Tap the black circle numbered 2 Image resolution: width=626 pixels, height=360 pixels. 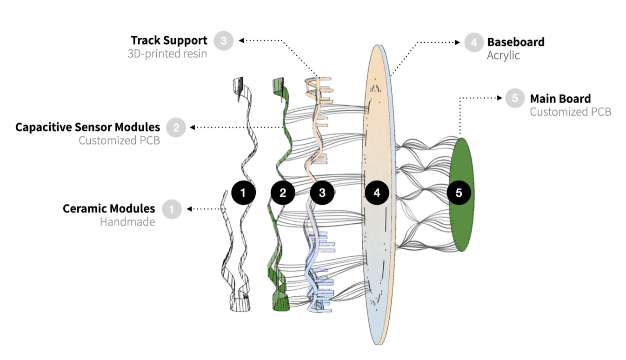[x=283, y=192]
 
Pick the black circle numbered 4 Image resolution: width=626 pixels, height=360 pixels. [x=377, y=192]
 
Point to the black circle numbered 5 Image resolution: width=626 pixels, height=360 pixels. [x=459, y=192]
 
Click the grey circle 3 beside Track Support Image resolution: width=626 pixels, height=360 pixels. [x=224, y=41]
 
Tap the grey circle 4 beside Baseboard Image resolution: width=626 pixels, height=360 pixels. [x=474, y=42]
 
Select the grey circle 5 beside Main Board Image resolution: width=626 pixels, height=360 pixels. [x=515, y=99]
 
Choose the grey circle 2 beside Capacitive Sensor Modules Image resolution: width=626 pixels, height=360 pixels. [x=176, y=127]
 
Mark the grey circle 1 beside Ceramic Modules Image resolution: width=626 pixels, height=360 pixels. [x=172, y=209]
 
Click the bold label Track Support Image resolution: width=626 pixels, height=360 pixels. [x=169, y=40]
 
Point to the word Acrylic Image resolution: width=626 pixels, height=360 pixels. [x=503, y=55]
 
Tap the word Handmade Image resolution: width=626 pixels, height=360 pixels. [x=127, y=222]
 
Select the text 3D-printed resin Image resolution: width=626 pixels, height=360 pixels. [x=167, y=54]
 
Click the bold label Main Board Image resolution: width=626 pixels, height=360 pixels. [x=560, y=99]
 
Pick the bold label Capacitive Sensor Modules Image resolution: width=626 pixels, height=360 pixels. [x=87, y=127]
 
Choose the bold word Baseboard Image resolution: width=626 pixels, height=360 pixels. [x=516, y=42]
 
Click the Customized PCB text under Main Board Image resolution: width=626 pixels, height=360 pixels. [x=570, y=112]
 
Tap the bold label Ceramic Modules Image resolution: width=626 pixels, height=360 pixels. [x=109, y=208]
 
